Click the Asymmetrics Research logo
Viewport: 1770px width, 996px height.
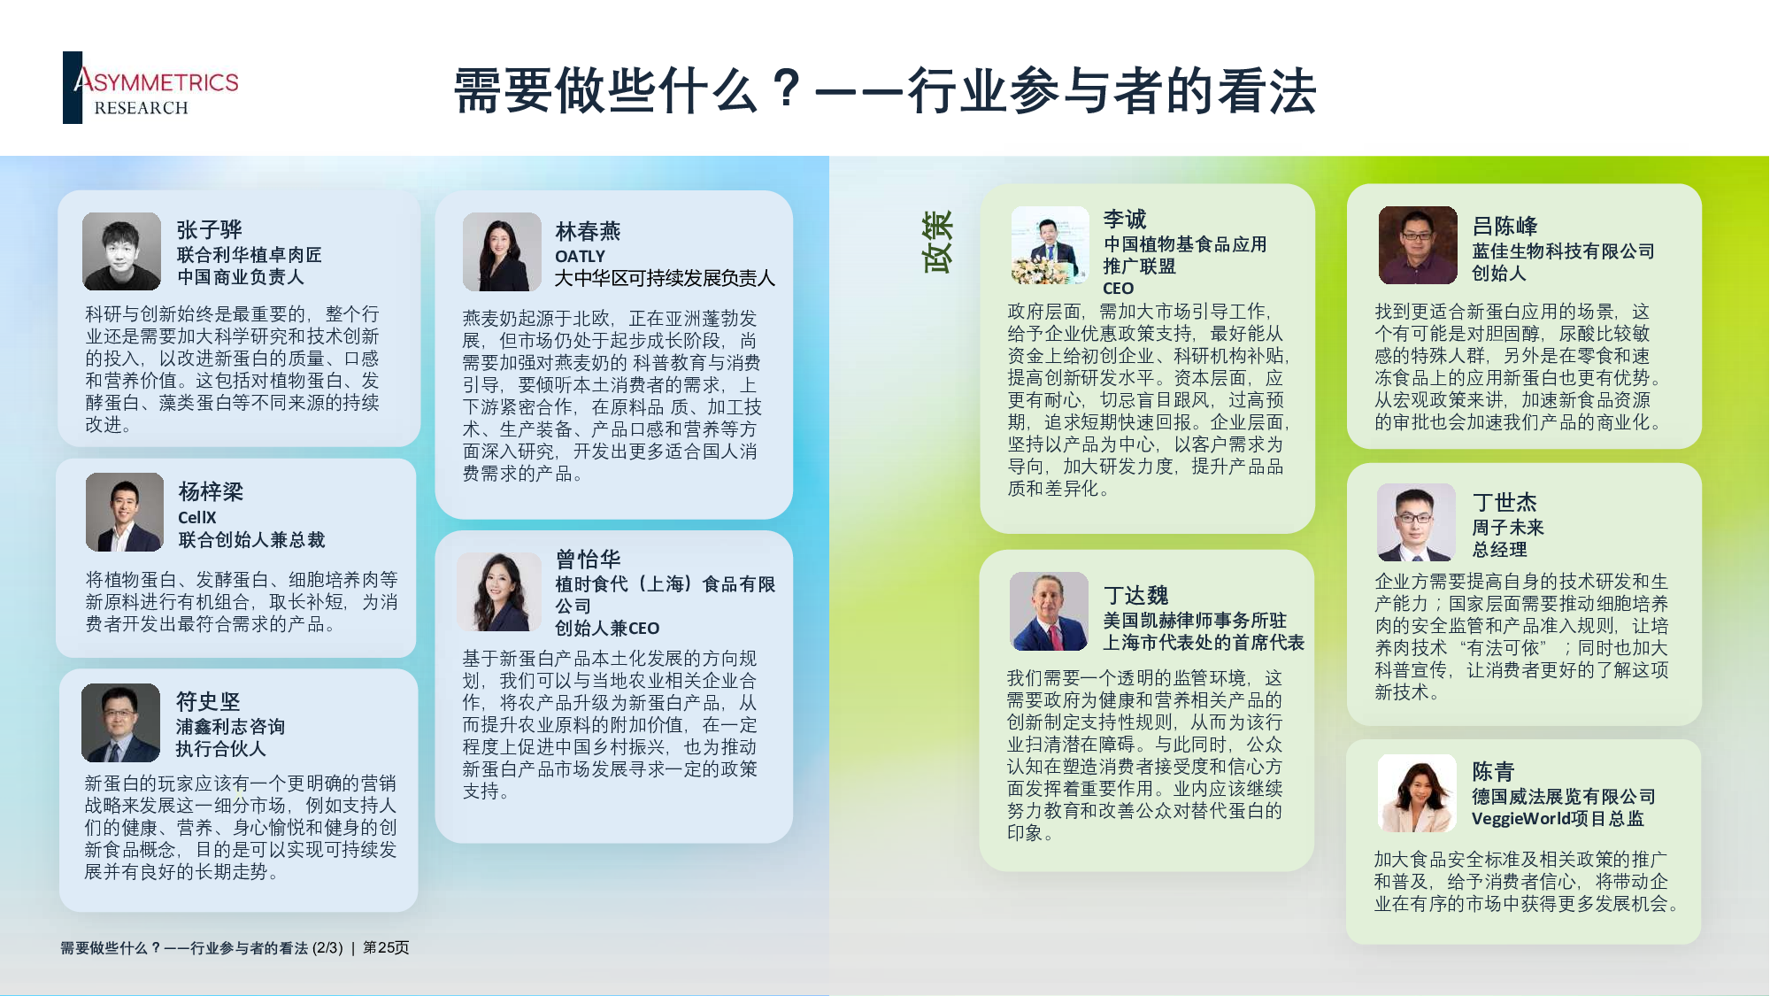[151, 88]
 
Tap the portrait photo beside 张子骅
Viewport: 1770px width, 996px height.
[121, 251]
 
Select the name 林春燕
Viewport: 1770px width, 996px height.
[588, 231]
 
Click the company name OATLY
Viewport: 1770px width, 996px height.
[580, 256]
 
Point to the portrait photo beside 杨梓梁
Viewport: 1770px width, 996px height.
[125, 512]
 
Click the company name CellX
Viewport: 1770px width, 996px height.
[196, 517]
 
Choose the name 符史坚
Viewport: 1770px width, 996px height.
[208, 701]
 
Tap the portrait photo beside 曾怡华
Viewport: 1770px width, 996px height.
[499, 591]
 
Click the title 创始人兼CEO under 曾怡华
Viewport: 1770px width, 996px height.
[607, 628]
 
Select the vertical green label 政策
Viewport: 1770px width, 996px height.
[936, 242]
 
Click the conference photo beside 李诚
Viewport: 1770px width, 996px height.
[1050, 245]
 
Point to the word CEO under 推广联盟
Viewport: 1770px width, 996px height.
[1118, 289]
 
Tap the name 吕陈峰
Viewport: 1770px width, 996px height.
[1504, 226]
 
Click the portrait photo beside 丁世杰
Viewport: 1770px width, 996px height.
[1416, 522]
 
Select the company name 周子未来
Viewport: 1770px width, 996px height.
[1507, 528]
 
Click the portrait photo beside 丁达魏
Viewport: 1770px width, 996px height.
[1049, 611]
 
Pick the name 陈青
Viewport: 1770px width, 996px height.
[1493, 771]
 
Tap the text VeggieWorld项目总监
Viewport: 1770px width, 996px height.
[1558, 819]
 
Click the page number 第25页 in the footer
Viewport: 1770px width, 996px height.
[386, 947]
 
